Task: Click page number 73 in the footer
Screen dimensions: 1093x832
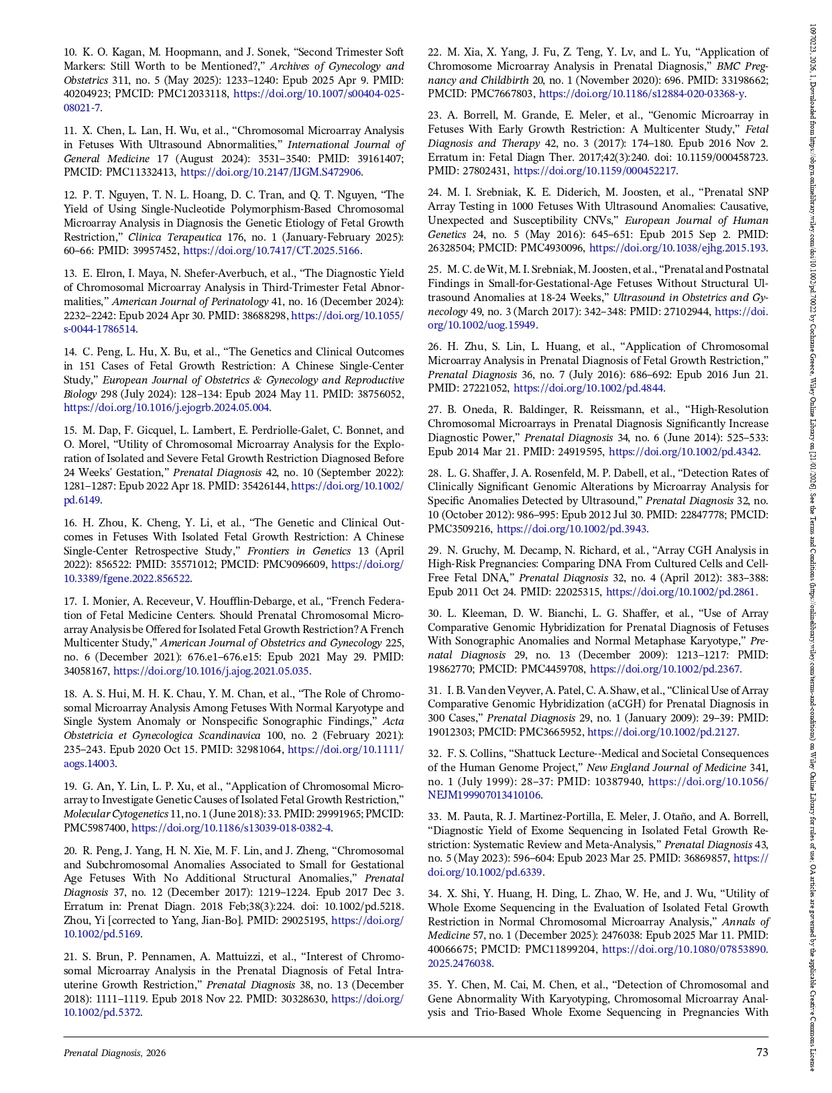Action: pyautogui.click(x=762, y=1052)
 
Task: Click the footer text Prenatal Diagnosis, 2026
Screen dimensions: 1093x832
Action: pyautogui.click(x=115, y=1053)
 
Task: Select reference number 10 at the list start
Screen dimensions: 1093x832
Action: pyautogui.click(x=70, y=52)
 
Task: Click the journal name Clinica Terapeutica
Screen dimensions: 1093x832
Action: pyautogui.click(x=165, y=237)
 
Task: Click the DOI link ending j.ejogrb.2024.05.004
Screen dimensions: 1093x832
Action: pyautogui.click(x=166, y=408)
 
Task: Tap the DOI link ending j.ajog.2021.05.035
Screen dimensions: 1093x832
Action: pyautogui.click(x=211, y=671)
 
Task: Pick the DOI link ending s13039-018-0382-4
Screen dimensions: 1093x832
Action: pyautogui.click(x=231, y=827)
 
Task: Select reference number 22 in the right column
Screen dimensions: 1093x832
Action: pyautogui.click(x=434, y=52)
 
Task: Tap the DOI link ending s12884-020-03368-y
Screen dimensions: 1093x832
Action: pyautogui.click(x=642, y=94)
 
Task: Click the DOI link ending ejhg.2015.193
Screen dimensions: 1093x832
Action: pyautogui.click(x=677, y=248)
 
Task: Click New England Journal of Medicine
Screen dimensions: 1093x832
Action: pyautogui.click(x=666, y=768)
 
